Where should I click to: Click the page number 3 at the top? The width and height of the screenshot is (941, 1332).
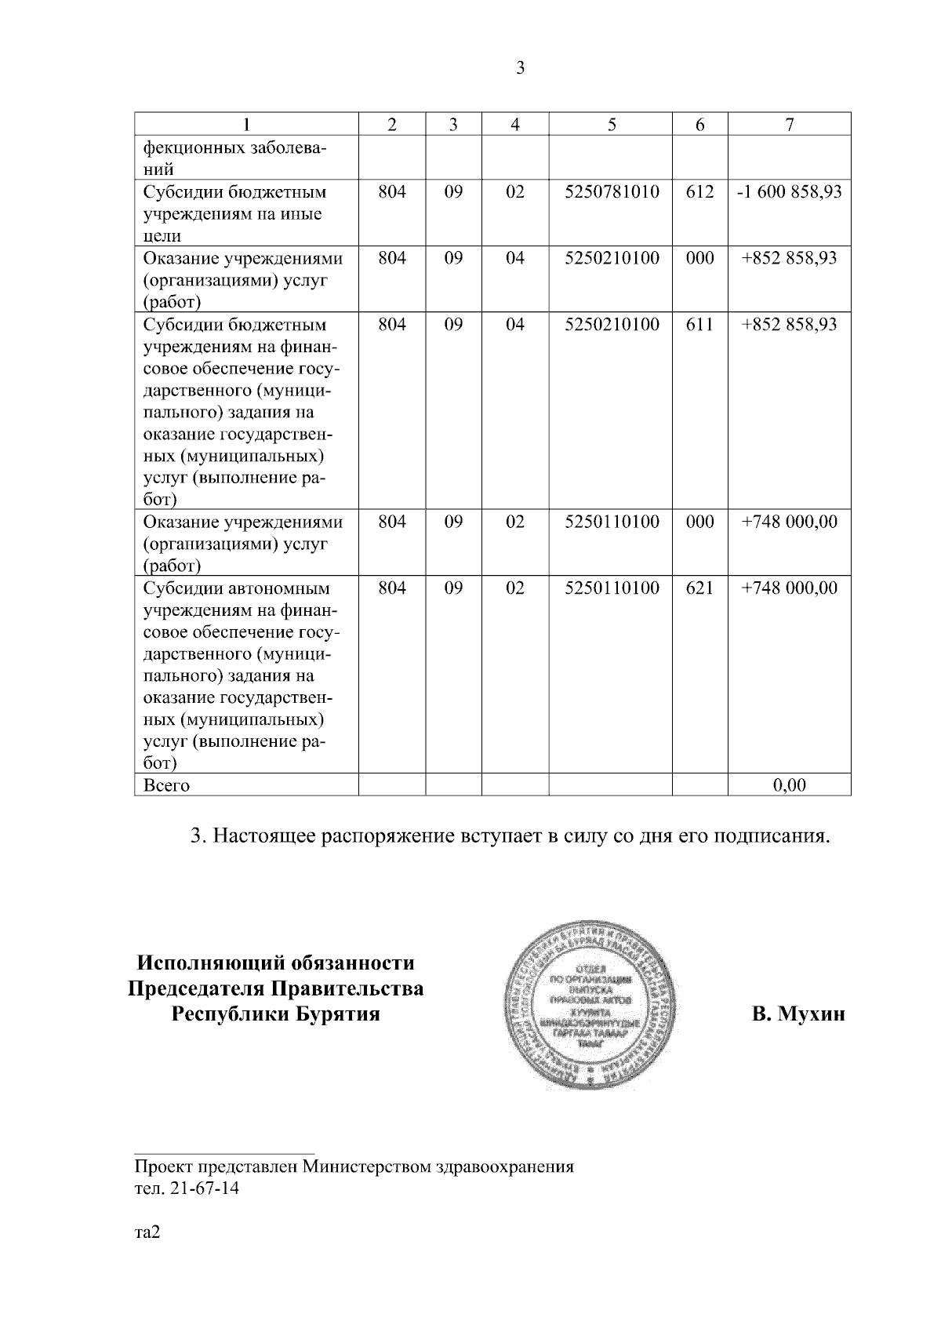click(520, 68)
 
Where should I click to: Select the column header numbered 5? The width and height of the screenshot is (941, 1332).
click(611, 125)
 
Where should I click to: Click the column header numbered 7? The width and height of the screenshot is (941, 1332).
click(790, 125)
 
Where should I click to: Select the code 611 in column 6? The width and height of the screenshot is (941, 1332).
click(699, 324)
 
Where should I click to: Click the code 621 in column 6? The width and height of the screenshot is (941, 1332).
click(699, 588)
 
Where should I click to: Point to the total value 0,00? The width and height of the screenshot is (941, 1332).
click(790, 784)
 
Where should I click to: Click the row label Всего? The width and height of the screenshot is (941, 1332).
click(166, 785)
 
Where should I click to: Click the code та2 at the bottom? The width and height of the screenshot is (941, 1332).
click(147, 1232)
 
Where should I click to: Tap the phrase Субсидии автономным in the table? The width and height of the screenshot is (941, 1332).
click(235, 588)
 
